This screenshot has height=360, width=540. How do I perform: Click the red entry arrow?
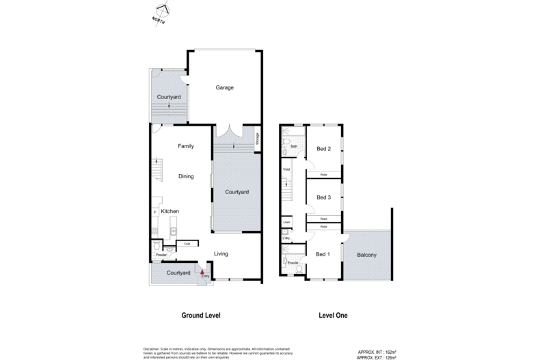(x=202, y=271)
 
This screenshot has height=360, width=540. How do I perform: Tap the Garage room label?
(x=225, y=88)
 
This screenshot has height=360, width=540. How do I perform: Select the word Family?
(x=186, y=146)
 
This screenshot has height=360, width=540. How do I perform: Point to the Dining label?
(x=186, y=176)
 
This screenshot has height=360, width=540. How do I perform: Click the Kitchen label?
(x=170, y=212)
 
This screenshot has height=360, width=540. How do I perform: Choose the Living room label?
(x=221, y=254)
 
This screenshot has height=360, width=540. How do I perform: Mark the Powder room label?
(x=161, y=255)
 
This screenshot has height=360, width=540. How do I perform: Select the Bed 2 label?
(x=323, y=150)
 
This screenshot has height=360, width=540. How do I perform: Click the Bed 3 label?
(x=323, y=197)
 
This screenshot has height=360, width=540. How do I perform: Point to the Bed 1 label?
(x=323, y=255)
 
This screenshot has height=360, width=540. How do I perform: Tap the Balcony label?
(x=367, y=255)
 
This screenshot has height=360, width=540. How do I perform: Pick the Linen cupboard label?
(x=286, y=223)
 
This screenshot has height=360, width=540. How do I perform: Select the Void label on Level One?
(x=286, y=169)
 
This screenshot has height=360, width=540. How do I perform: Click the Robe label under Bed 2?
(x=323, y=175)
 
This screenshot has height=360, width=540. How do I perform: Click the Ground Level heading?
(x=200, y=316)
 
